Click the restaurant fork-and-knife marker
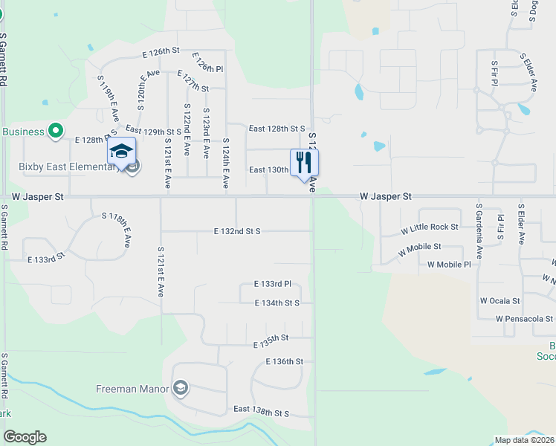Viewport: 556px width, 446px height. (304, 163)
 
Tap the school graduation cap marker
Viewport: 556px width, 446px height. (121, 152)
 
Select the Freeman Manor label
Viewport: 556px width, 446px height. (133, 388)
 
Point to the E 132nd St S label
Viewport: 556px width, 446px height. (237, 231)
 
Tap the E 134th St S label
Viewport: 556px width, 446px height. (277, 303)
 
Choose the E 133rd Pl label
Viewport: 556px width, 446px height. (272, 284)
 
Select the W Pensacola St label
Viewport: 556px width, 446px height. (525, 319)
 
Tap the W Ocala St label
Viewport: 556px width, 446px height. (500, 301)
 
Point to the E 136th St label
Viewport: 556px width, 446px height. (285, 361)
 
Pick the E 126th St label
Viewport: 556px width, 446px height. (161, 52)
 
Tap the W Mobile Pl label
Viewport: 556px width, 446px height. (449, 265)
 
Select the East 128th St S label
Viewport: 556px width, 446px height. (277, 129)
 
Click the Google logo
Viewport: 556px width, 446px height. (25, 437)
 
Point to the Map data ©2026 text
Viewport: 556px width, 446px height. (524, 440)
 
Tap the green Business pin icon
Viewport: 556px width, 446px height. (55, 132)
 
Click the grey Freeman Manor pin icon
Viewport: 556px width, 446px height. (181, 388)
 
